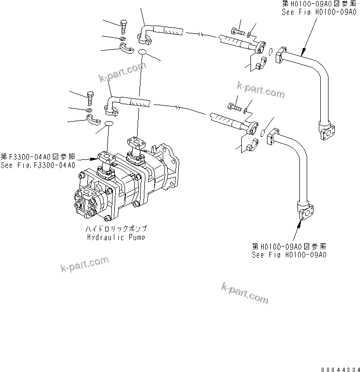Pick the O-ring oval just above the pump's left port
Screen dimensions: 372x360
point(109,125)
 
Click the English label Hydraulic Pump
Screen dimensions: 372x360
point(116,237)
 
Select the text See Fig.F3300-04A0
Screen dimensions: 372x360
point(38,165)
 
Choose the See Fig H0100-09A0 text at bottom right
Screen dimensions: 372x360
point(289,254)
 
